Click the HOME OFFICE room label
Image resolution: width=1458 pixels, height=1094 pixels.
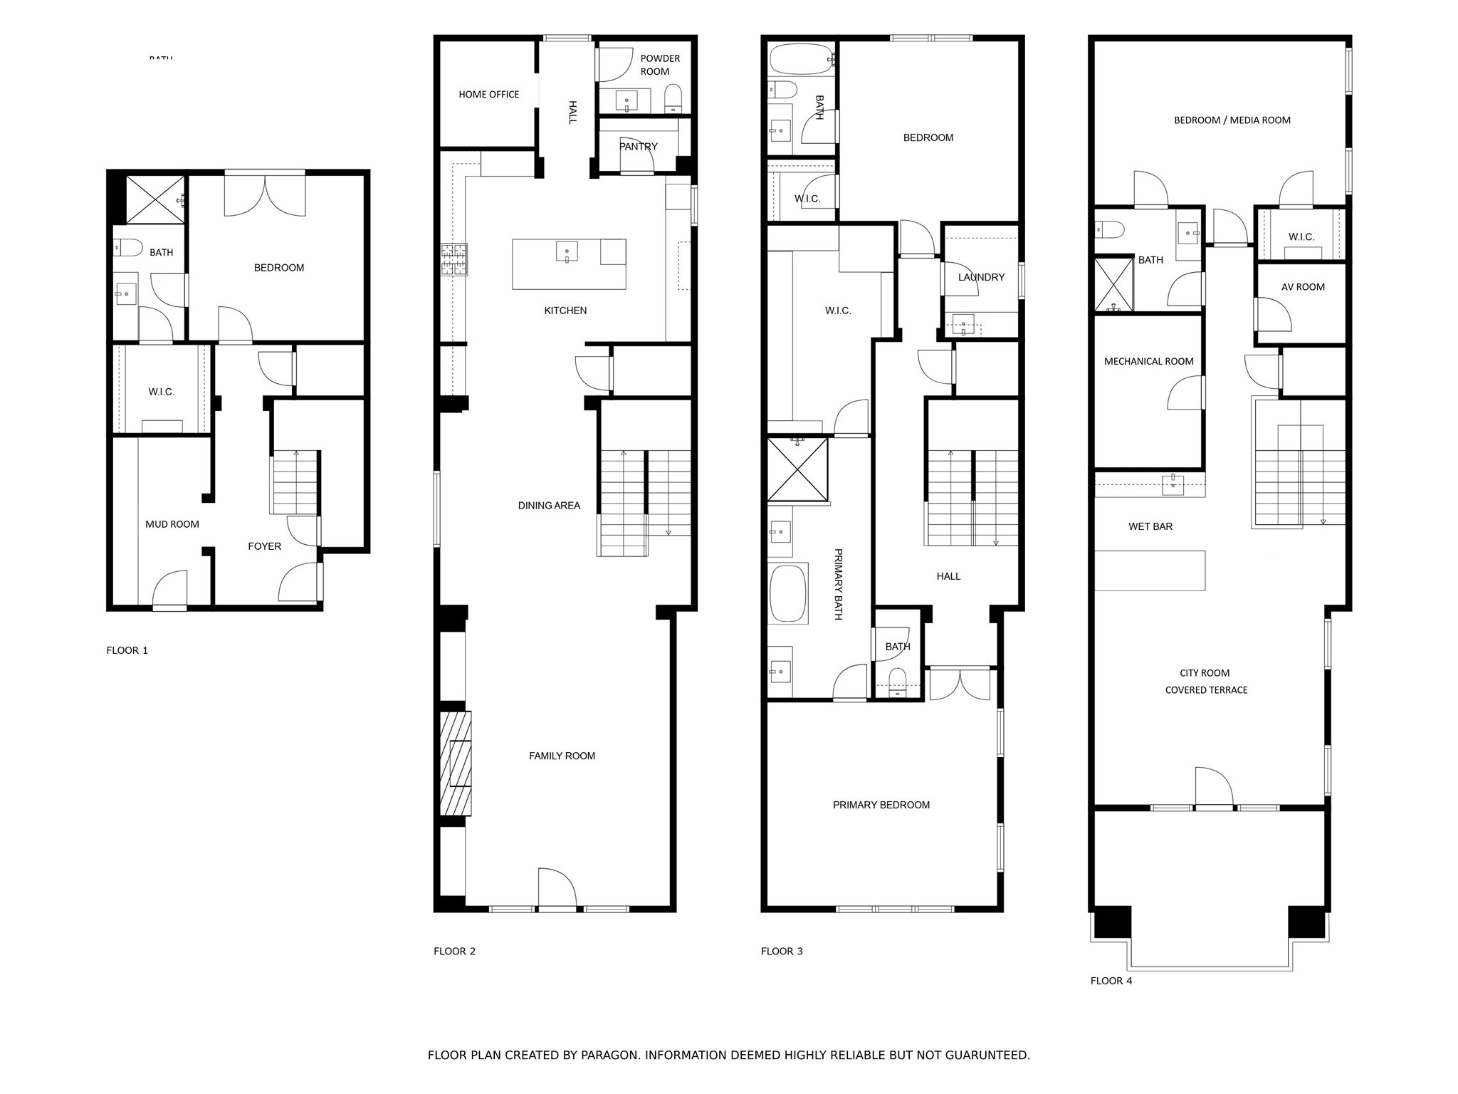(x=488, y=94)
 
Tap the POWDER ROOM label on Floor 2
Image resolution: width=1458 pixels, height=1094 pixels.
(x=659, y=65)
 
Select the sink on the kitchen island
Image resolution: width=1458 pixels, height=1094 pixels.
(x=567, y=251)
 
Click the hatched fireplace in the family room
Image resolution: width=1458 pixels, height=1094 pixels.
(x=456, y=763)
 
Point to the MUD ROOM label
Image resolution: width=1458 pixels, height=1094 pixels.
(x=172, y=524)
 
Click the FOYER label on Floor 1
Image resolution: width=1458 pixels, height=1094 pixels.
(x=264, y=546)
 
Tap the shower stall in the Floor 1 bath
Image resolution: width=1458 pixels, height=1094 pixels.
(x=155, y=200)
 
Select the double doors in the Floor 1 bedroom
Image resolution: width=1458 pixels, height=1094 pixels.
(x=265, y=194)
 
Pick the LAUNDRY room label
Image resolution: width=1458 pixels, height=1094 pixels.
(x=981, y=277)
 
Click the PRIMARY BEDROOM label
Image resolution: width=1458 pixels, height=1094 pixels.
(x=881, y=805)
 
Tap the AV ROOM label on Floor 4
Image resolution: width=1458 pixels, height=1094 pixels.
(x=1303, y=287)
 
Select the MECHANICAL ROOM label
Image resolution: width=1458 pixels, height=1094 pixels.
(x=1148, y=361)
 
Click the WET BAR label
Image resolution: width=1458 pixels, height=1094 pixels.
(x=1150, y=526)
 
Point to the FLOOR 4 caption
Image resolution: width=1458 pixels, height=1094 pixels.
(x=1111, y=981)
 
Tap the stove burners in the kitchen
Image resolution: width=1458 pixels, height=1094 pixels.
(x=453, y=259)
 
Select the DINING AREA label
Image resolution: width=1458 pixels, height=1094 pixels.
(x=549, y=506)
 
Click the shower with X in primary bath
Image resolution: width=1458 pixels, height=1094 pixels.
(x=797, y=470)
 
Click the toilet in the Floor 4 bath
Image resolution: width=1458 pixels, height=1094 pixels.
(x=1109, y=229)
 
